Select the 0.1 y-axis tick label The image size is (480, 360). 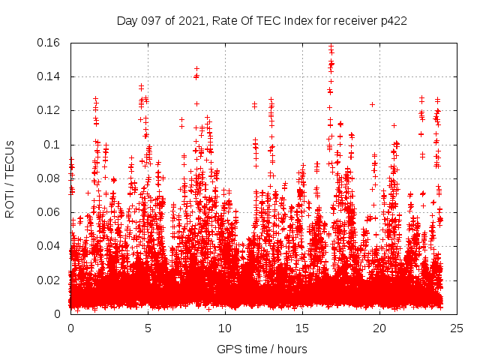tap(54, 145)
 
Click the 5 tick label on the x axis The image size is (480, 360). tap(148, 328)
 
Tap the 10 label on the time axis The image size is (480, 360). tap(225, 328)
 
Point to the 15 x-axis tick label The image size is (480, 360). tap(302, 328)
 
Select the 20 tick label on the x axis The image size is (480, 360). tap(379, 328)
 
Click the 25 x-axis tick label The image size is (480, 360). tap(457, 328)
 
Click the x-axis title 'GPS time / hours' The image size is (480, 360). tap(262, 349)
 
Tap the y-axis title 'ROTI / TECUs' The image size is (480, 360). tap(10, 178)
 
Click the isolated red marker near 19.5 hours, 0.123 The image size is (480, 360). tap(372, 104)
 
